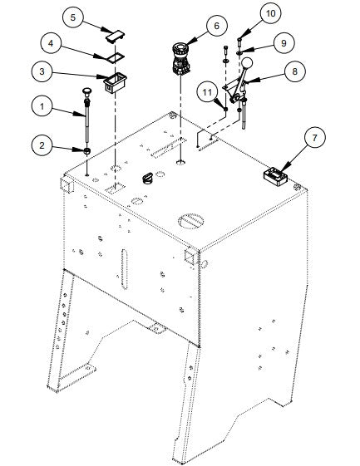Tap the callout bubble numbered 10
[270, 12]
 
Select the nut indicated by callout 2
[86, 151]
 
